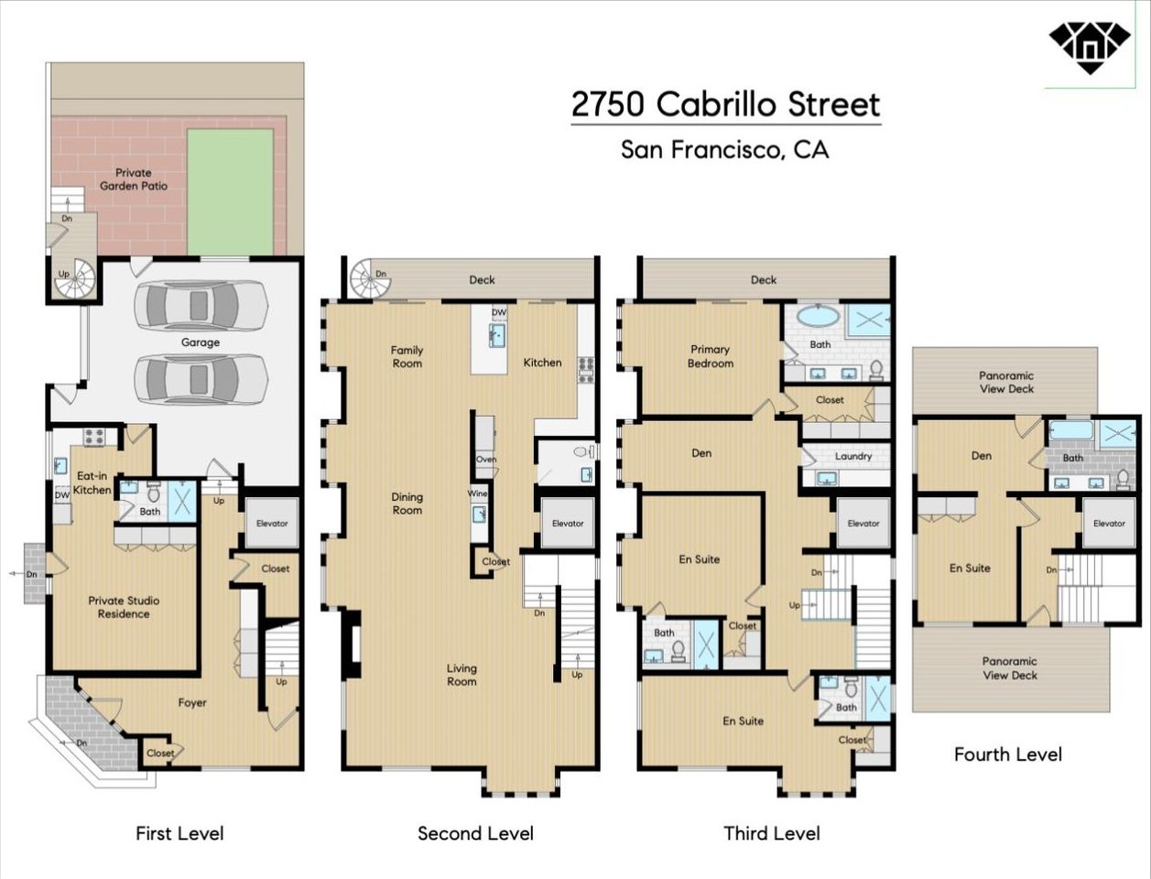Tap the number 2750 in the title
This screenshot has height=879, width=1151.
608,104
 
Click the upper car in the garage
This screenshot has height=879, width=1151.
201,306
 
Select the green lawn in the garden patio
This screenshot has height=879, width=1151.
230,192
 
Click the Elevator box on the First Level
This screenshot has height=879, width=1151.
272,523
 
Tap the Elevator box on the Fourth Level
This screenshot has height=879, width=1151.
1109,523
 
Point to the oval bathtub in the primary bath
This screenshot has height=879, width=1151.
818,316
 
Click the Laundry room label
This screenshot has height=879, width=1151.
853,457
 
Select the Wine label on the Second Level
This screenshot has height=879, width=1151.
477,494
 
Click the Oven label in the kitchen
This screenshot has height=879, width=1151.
486,459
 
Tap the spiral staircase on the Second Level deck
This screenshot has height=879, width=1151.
370,278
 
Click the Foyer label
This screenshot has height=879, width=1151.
192,702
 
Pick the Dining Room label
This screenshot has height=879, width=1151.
407,504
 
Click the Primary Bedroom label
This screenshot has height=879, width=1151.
711,356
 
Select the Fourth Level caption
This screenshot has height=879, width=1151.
1008,754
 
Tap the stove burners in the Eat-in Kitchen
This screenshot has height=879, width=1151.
95,437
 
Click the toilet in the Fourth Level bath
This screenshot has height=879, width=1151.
1123,479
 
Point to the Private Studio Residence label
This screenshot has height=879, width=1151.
124,607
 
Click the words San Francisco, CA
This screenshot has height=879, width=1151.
724,149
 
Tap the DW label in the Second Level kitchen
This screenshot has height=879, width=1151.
499,312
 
